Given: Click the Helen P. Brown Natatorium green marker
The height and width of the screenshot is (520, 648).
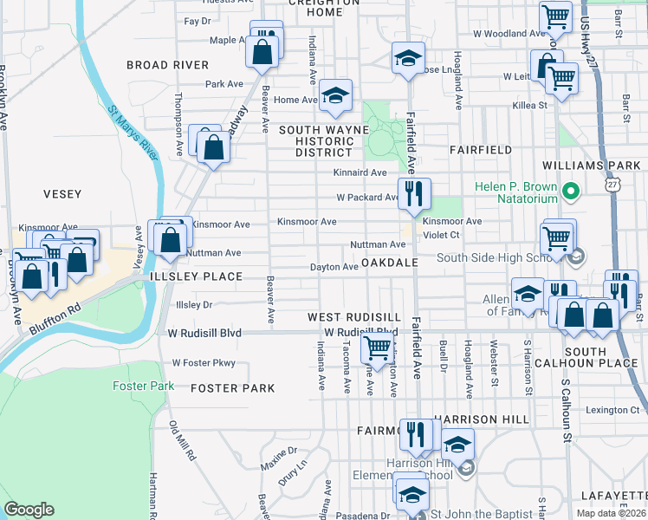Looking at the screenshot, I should coord(571,190).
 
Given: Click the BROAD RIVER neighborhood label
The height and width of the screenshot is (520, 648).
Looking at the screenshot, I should coord(167,65).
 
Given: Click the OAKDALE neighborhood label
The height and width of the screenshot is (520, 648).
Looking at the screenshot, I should coord(390,262).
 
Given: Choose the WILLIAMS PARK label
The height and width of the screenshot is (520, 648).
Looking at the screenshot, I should coord(591,165).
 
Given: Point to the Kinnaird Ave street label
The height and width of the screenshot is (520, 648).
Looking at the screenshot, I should coord(360,172).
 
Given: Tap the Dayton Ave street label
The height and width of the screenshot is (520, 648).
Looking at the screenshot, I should coord(334,267).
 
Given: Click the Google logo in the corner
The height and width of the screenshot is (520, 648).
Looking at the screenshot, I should coord(29,509).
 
